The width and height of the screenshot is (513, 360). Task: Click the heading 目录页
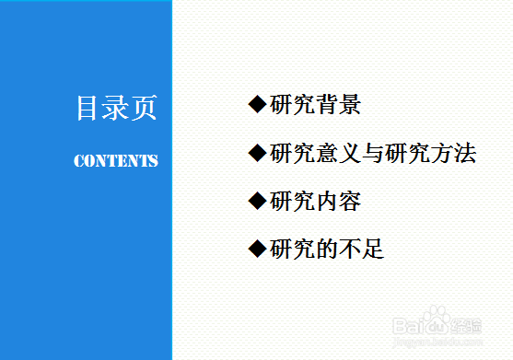[x=116, y=109]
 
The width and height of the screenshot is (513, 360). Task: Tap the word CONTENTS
[x=116, y=161]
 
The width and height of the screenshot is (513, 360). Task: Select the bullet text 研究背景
[x=315, y=105]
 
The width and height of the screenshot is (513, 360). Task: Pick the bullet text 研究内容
[x=315, y=201]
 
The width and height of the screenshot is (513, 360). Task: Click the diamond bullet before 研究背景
[x=257, y=105]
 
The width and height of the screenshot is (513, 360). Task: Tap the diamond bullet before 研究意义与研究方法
[x=257, y=153]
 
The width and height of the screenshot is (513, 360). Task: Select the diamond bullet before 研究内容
[x=257, y=201]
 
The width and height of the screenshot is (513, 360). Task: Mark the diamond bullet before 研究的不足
[x=257, y=249]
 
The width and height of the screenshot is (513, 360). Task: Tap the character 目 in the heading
[x=88, y=109]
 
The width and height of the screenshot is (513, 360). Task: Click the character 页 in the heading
[x=144, y=109]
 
